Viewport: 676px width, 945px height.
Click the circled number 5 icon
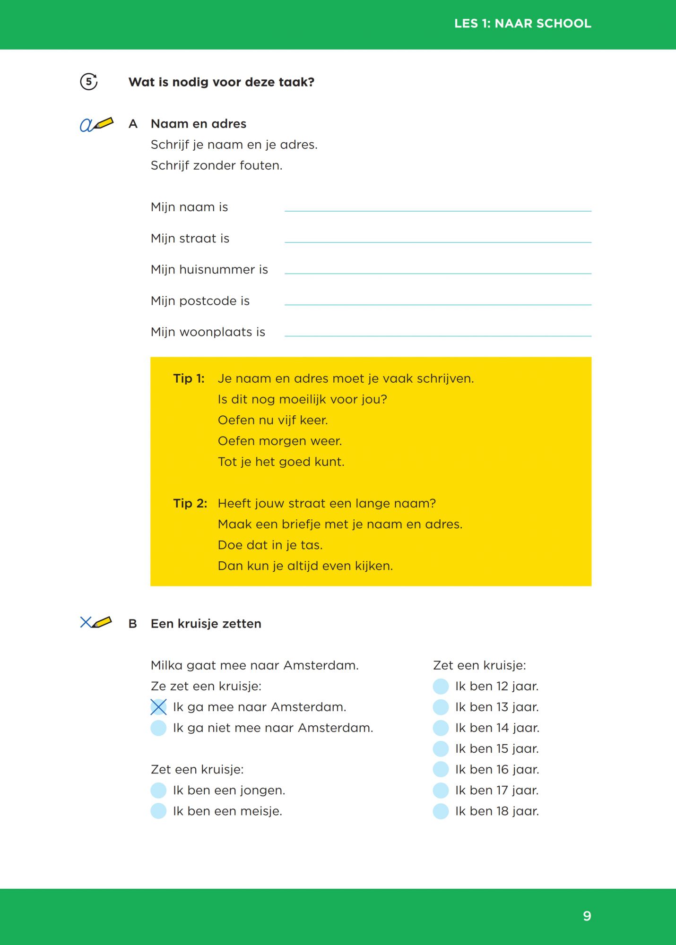pyautogui.click(x=89, y=82)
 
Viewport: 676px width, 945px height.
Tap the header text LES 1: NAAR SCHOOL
pyautogui.click(x=522, y=24)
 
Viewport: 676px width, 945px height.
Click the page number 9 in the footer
pyautogui.click(x=587, y=916)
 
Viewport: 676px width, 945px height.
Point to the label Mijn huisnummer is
pyautogui.click(x=209, y=269)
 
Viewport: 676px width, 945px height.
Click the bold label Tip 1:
pyautogui.click(x=189, y=378)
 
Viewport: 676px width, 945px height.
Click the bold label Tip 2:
pyautogui.click(x=190, y=503)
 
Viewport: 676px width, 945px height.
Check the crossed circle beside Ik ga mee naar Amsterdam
pyautogui.click(x=158, y=707)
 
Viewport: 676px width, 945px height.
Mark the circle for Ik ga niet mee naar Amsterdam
pyautogui.click(x=158, y=728)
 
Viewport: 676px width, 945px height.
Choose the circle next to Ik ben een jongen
pyautogui.click(x=158, y=790)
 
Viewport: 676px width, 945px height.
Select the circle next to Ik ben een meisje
pyautogui.click(x=158, y=811)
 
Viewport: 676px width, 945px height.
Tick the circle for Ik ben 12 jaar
pyautogui.click(x=441, y=687)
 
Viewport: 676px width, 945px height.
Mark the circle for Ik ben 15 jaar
pyautogui.click(x=441, y=749)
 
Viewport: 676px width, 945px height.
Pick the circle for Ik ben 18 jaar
pyautogui.click(x=441, y=811)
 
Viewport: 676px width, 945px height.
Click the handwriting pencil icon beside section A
pyautogui.click(x=96, y=124)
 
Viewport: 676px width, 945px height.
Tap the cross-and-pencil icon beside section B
pyautogui.click(x=96, y=622)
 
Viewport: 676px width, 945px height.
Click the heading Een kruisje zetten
pyautogui.click(x=206, y=624)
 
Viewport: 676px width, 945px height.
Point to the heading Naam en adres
pyautogui.click(x=199, y=124)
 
